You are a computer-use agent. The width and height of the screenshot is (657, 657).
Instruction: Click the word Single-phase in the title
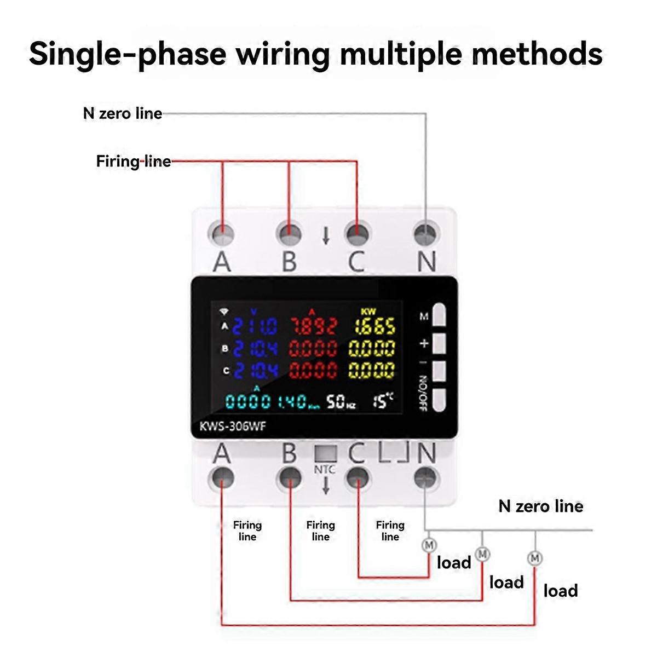click(127, 54)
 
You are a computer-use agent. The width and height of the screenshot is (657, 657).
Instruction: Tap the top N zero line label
click(123, 113)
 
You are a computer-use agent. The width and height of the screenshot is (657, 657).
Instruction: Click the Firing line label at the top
click(133, 161)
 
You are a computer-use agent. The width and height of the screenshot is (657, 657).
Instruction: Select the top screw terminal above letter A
click(221, 234)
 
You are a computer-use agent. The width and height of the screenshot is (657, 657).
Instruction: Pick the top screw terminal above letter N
click(425, 234)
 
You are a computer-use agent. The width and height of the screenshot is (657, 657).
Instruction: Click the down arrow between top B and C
click(326, 235)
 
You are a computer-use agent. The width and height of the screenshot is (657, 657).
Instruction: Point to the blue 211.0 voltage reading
click(255, 327)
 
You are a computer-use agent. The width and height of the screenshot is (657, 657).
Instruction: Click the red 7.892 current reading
click(313, 327)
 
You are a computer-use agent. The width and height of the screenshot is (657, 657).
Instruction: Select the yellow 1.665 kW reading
click(374, 327)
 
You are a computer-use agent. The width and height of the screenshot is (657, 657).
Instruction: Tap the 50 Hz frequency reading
click(341, 402)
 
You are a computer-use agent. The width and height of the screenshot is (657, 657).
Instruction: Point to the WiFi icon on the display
click(223, 312)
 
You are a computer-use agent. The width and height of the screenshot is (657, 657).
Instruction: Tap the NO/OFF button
click(440, 400)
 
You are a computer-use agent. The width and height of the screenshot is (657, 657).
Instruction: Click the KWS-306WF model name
click(233, 426)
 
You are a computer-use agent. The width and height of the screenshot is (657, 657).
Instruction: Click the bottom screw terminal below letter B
click(289, 477)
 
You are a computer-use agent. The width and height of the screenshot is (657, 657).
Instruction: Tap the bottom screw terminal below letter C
click(357, 477)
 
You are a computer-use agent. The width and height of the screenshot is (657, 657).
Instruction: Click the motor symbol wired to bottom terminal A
click(534, 558)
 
